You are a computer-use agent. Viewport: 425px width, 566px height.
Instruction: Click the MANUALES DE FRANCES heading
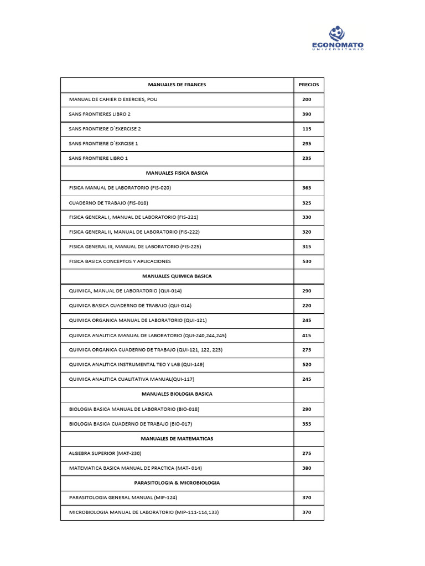point(177,85)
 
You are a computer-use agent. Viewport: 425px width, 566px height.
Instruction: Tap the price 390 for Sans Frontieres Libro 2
point(307,114)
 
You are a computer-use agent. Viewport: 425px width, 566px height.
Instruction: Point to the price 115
point(307,129)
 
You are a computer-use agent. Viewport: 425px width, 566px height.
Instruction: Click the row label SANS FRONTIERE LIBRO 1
point(98,158)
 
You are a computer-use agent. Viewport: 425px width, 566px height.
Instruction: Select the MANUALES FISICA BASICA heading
point(177,173)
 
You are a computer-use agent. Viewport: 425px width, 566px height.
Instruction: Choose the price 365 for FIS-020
point(307,188)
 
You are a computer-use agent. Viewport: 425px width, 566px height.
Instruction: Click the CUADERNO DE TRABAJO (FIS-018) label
point(108,203)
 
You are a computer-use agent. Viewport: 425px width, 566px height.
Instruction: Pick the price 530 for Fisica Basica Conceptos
point(307,261)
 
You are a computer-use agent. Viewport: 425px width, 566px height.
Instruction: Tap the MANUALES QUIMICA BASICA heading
point(177,276)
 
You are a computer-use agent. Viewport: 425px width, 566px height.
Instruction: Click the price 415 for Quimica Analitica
point(307,335)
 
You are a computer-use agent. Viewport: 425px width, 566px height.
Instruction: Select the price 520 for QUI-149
point(307,365)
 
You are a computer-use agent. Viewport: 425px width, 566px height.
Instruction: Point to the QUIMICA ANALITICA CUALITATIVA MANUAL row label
point(131,379)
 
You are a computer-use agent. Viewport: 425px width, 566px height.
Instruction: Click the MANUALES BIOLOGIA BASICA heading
point(177,394)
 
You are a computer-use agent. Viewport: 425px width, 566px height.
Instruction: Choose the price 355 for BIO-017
point(307,424)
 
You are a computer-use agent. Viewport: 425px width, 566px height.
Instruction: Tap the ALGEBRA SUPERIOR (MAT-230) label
point(105,453)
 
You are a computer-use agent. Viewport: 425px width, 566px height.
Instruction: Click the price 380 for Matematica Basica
point(307,468)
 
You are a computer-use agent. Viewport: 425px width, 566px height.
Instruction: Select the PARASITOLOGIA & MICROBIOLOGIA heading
point(177,483)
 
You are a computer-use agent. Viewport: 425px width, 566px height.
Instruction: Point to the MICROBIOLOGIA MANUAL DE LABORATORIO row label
point(143,512)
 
